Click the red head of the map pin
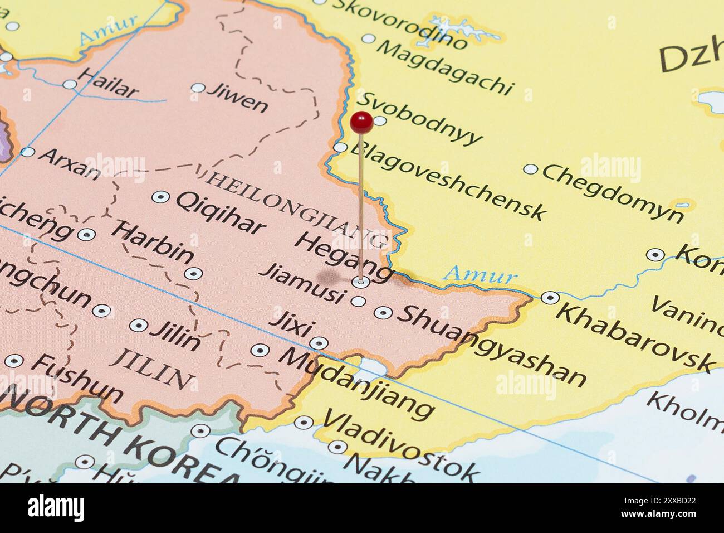[x=361, y=122]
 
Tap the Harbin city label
[x=153, y=243]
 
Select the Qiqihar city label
[x=220, y=212]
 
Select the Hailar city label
[x=108, y=83]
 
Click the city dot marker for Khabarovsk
[x=550, y=298]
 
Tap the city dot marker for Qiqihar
[x=161, y=197]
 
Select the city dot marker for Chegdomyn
[x=531, y=169]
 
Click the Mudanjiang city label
[x=356, y=381]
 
